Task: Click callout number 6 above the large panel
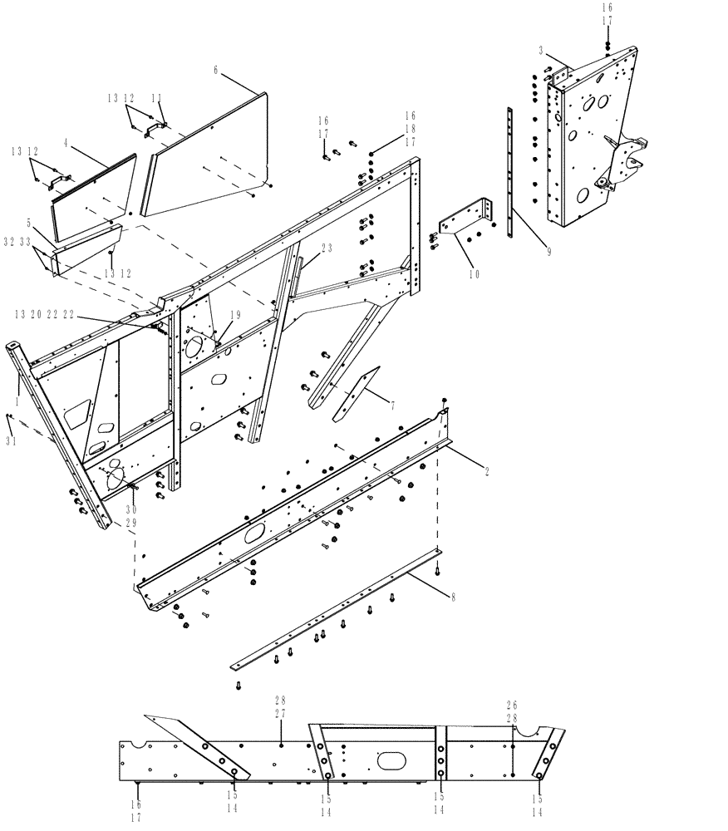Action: tap(215, 71)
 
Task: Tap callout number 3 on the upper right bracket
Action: tap(541, 51)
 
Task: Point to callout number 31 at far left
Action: tap(11, 442)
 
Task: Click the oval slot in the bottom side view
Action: tap(390, 760)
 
